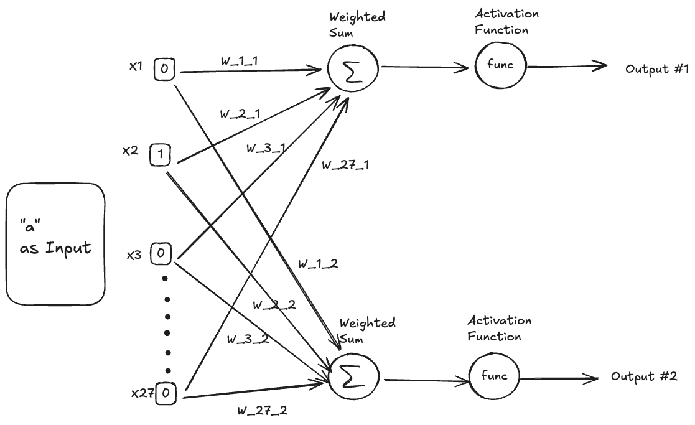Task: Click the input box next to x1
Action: tap(164, 69)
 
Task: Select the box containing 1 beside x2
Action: tap(160, 155)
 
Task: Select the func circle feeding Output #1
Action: tap(500, 65)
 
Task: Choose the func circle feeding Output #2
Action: tap(494, 376)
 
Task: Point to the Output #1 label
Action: tap(656, 69)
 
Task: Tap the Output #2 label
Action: tap(643, 376)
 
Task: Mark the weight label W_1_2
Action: tap(317, 264)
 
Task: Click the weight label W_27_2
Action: tap(262, 411)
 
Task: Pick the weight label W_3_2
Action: tap(247, 339)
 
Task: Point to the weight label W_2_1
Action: tap(240, 114)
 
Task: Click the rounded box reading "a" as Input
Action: tap(55, 244)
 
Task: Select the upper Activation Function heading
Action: tap(506, 22)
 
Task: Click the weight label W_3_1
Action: tap(266, 148)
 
